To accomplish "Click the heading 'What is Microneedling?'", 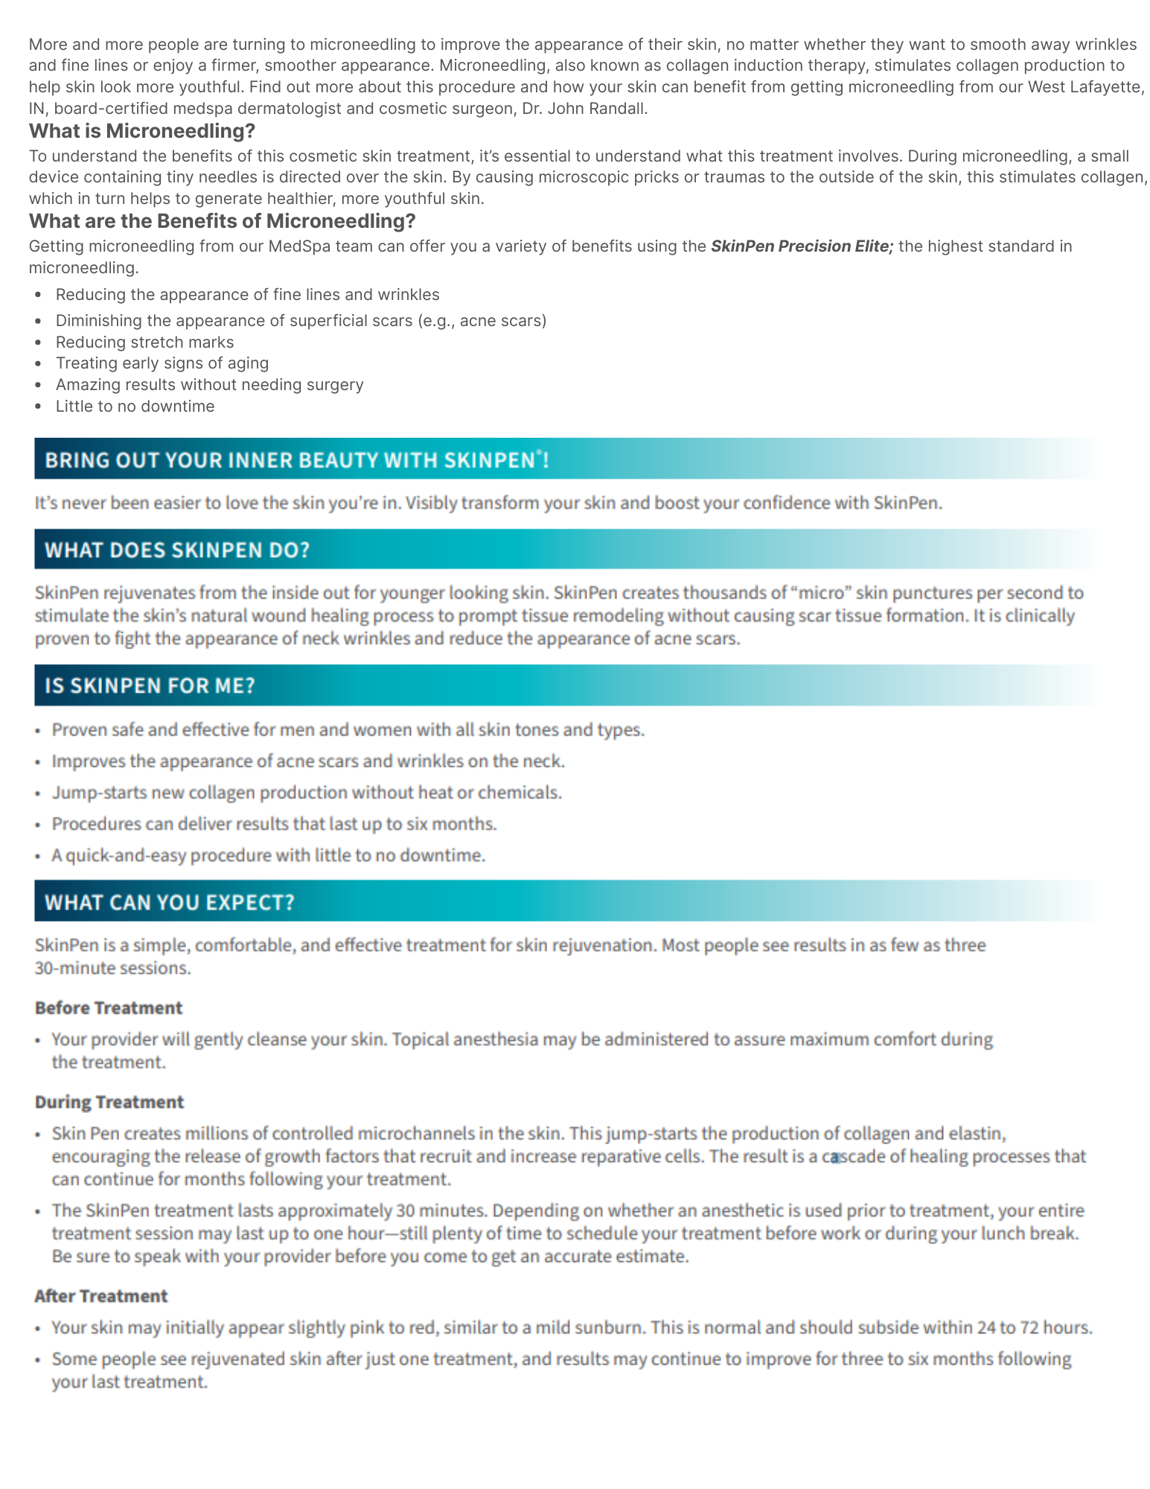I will [141, 132].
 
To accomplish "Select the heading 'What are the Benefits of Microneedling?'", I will [222, 221].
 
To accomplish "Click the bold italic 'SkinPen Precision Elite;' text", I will [802, 246].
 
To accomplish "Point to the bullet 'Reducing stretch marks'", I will [144, 342].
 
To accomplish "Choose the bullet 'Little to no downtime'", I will [135, 406].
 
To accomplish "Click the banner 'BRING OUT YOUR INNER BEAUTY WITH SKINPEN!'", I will [296, 459].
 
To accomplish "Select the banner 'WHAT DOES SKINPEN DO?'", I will [177, 550].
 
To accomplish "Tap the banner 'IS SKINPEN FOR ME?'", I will [150, 685].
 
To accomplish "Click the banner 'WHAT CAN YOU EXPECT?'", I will [170, 902].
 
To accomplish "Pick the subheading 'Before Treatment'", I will [109, 1008].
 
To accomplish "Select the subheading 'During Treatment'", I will [109, 1102].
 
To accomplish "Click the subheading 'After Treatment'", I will [101, 1296].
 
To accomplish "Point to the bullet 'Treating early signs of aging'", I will [162, 363].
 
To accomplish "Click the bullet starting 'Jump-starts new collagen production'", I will [307, 793].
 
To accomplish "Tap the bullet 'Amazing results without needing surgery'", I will [209, 385].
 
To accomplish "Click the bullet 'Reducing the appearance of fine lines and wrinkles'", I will [247, 295].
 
